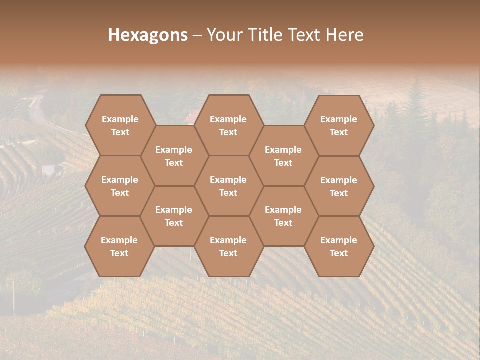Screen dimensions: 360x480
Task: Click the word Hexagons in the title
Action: (x=148, y=35)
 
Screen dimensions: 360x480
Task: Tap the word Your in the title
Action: (x=223, y=35)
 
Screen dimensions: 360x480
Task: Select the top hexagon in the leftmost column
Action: (x=120, y=125)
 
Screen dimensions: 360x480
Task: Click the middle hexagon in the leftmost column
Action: (x=120, y=186)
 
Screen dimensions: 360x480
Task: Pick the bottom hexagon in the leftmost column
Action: (x=119, y=246)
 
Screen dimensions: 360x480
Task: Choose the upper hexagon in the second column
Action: (x=174, y=156)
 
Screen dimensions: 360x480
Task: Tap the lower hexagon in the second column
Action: (x=174, y=216)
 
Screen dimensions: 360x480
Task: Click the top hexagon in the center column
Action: (x=228, y=125)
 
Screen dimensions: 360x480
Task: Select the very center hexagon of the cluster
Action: (x=228, y=186)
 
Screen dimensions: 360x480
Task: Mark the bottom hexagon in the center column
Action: (x=228, y=246)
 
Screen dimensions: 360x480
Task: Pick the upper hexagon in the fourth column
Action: (x=283, y=156)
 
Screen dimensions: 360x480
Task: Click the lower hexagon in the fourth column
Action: (x=283, y=216)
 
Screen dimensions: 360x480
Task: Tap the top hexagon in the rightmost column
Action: (x=339, y=125)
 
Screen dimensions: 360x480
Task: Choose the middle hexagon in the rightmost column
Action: (x=339, y=186)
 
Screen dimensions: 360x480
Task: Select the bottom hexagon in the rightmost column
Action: (x=339, y=246)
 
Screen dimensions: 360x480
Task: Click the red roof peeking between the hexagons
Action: (x=190, y=118)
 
